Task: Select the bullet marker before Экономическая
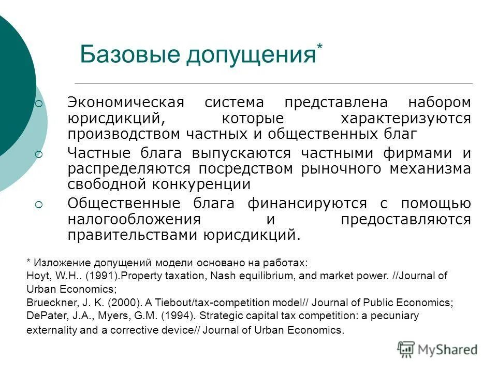pyautogui.click(x=39, y=104)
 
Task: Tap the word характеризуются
pyautogui.click(x=405, y=119)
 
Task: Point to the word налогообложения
pyautogui.click(x=137, y=220)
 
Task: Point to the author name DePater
pyautogui.click(x=42, y=315)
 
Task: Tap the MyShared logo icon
pyautogui.click(x=406, y=349)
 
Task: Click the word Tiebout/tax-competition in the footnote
pyautogui.click(x=178, y=303)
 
